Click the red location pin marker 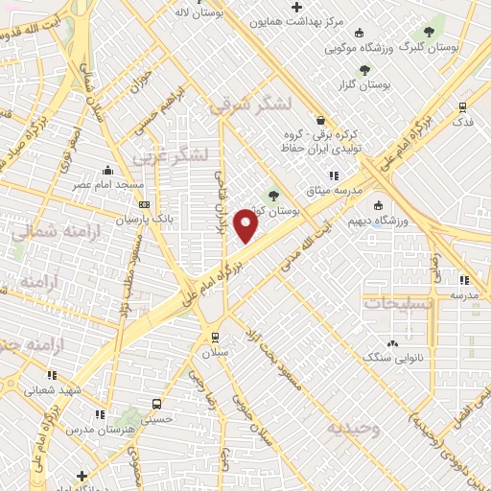pyautogui.click(x=247, y=226)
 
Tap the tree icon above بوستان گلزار pyautogui.click(x=364, y=69)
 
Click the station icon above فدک pyautogui.click(x=463, y=107)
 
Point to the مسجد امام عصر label pyautogui.click(x=110, y=183)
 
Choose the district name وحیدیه pyautogui.click(x=352, y=428)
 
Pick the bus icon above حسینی pyautogui.click(x=157, y=404)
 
